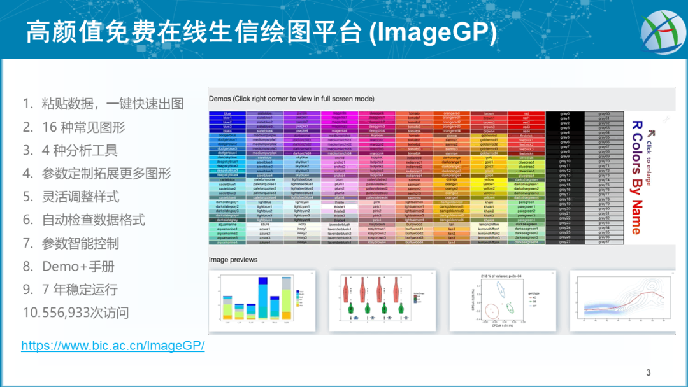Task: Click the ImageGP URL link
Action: coord(113,346)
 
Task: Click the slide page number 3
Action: coord(649,373)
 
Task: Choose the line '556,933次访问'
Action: coord(85,313)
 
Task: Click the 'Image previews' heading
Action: coord(233,260)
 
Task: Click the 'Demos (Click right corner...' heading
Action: coord(291,99)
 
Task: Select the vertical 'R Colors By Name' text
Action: coord(635,178)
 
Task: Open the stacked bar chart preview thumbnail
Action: coord(262,300)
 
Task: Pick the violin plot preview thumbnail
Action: coord(382,300)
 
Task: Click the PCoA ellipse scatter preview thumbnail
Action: coord(501,300)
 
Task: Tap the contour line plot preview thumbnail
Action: coord(621,300)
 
